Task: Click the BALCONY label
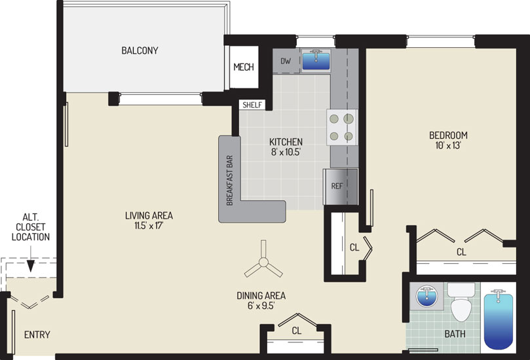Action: click(x=140, y=50)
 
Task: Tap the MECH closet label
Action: click(x=243, y=67)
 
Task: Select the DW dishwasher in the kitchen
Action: click(x=286, y=61)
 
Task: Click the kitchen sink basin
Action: click(x=316, y=61)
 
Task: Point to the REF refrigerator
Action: click(x=341, y=187)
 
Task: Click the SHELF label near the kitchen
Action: click(x=252, y=105)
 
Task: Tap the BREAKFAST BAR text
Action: click(x=230, y=181)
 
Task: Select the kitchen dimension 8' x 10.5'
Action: click(x=286, y=152)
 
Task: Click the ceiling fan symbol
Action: click(x=263, y=262)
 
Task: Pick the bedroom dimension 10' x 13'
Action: click(x=448, y=145)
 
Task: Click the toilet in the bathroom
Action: click(x=461, y=302)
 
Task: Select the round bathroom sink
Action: click(x=426, y=296)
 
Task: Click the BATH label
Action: click(x=455, y=334)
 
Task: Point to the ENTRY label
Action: click(x=37, y=334)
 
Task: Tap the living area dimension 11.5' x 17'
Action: click(x=149, y=226)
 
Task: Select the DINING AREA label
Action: click(x=261, y=296)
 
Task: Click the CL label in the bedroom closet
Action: click(x=461, y=252)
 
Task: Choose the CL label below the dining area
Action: click(x=296, y=331)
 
